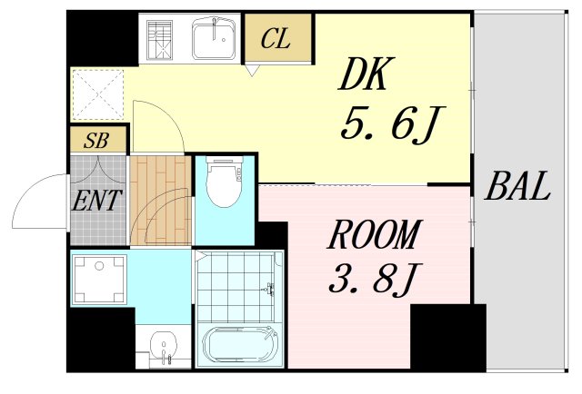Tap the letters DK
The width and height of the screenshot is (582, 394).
coord(363,75)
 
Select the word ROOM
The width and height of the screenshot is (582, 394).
coord(374,236)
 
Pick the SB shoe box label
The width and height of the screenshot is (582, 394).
coord(98,141)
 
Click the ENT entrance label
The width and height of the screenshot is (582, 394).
coord(98,200)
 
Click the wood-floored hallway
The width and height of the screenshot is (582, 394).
coord(159,200)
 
